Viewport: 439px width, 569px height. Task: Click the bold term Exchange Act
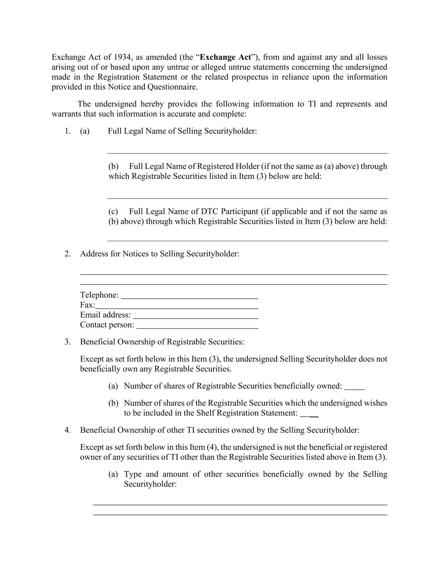coord(226,57)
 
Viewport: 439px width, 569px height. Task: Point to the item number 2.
coord(67,254)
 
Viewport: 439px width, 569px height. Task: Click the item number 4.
coord(67,430)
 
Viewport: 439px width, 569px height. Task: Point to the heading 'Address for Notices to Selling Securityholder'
coord(159,254)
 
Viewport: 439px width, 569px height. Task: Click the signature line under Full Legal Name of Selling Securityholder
coord(248,153)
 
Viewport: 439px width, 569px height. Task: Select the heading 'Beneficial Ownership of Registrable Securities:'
coord(162,342)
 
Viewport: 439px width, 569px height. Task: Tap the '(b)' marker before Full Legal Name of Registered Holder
coord(113,166)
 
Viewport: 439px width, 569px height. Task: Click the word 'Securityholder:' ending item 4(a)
coord(150,484)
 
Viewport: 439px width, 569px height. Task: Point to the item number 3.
coord(67,342)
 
